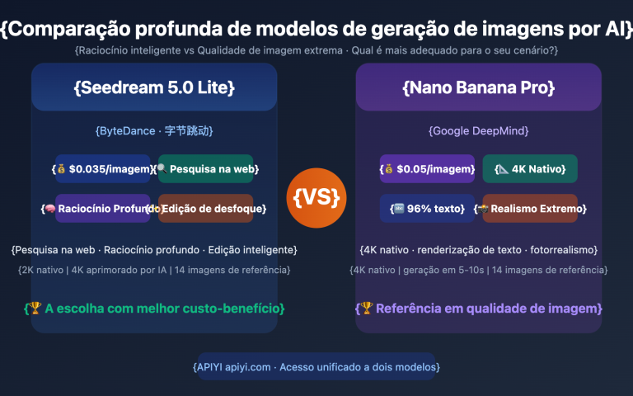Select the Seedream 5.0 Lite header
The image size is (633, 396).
tap(154, 87)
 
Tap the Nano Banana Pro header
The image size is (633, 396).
tap(478, 87)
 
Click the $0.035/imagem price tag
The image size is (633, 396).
tap(103, 169)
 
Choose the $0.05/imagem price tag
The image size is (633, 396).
tap(428, 169)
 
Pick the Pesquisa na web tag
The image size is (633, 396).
tap(206, 169)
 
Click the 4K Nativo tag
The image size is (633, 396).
tap(530, 169)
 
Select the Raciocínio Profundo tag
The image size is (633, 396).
tap(103, 209)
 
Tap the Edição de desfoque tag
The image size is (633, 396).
tap(206, 209)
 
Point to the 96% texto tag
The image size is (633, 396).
tap(428, 209)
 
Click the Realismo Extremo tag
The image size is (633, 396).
tap(530, 209)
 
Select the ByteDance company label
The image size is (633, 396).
tap(154, 130)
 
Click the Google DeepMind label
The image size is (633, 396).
tap(478, 130)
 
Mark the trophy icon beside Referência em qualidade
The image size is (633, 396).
tap(365, 309)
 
